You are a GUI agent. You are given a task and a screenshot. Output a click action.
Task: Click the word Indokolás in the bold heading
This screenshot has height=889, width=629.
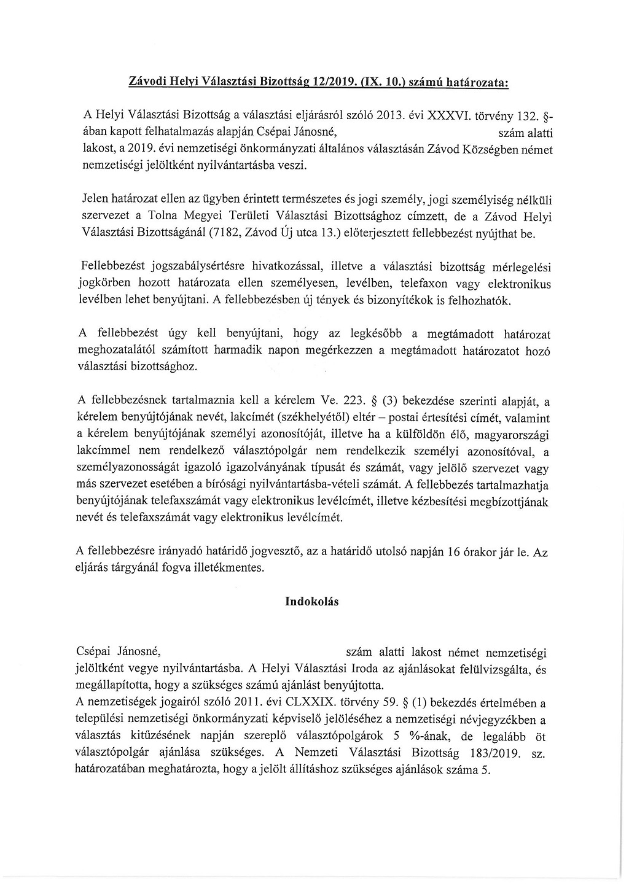(311, 601)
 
